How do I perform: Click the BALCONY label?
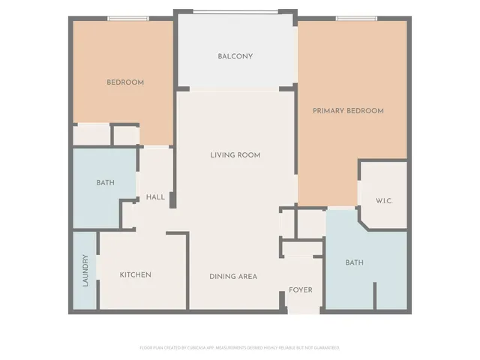click(x=235, y=56)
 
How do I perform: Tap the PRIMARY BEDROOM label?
click(x=348, y=111)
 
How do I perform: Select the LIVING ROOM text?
click(x=235, y=155)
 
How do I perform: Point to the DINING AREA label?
click(x=233, y=277)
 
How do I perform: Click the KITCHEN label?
click(x=136, y=275)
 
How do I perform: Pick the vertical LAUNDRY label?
click(x=85, y=271)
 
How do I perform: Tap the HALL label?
click(x=156, y=197)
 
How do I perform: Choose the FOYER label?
click(x=301, y=290)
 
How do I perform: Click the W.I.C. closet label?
click(x=384, y=201)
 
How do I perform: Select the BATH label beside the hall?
click(x=105, y=183)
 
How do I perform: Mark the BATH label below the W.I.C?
click(x=354, y=262)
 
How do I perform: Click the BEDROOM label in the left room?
click(x=125, y=82)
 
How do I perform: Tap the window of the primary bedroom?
click(x=355, y=19)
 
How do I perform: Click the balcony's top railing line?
click(x=235, y=11)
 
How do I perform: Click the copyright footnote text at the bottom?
click(x=239, y=348)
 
